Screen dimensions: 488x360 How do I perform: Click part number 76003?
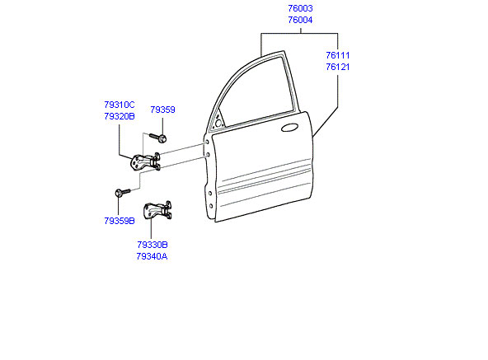pyautogui.click(x=300, y=8)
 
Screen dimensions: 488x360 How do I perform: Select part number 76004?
pyautogui.click(x=300, y=20)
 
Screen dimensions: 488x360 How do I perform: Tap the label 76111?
pyautogui.click(x=338, y=55)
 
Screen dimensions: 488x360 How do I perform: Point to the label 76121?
pyautogui.click(x=338, y=67)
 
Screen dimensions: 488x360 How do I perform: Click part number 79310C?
pyautogui.click(x=120, y=105)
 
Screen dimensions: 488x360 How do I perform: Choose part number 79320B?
pyautogui.click(x=120, y=116)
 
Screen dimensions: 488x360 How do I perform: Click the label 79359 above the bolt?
pyautogui.click(x=162, y=110)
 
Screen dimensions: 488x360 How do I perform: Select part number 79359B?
pyautogui.click(x=120, y=221)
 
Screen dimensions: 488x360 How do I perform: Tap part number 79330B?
pyautogui.click(x=152, y=245)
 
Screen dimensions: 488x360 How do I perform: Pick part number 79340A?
pyautogui.click(x=152, y=257)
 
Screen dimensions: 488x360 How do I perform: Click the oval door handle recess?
pyautogui.click(x=290, y=128)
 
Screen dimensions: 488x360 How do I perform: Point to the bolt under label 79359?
pyautogui.click(x=158, y=138)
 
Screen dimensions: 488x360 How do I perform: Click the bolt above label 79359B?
pyautogui.click(x=123, y=192)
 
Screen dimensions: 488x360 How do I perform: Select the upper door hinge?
pyautogui.click(x=145, y=161)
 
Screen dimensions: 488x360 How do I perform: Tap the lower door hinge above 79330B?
pyautogui.click(x=157, y=210)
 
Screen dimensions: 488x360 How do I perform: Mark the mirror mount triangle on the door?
pyautogui.click(x=218, y=122)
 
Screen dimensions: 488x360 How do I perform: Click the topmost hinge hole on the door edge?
pyautogui.click(x=206, y=143)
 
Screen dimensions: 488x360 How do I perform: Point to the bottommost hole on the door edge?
pyautogui.click(x=211, y=206)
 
